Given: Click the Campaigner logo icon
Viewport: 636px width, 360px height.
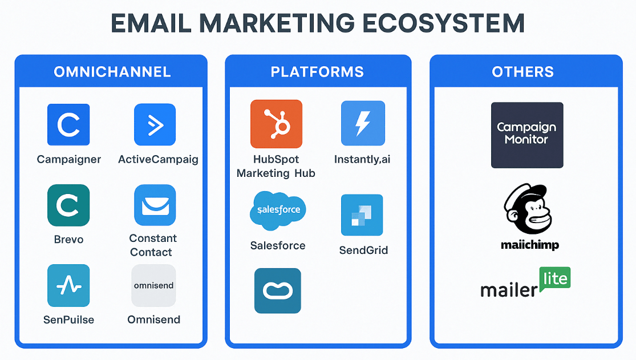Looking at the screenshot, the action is click(68, 124).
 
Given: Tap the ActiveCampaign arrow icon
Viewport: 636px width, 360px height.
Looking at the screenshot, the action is click(155, 124).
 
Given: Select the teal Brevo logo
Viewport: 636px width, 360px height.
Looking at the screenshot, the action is click(68, 205).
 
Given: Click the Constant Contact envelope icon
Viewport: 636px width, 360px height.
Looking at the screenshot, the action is click(155, 205).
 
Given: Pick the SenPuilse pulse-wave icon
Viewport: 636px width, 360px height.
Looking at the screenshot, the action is click(68, 285).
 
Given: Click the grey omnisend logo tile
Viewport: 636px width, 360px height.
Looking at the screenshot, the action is click(154, 285).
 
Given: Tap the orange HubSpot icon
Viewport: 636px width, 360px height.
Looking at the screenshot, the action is click(276, 124).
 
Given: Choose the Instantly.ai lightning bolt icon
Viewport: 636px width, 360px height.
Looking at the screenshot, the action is click(363, 123).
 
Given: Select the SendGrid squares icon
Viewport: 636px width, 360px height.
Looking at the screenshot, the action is click(362, 215).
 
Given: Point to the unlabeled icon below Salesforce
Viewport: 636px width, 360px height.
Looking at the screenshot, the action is click(278, 290).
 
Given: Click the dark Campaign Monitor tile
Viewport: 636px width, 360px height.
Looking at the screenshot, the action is click(527, 135).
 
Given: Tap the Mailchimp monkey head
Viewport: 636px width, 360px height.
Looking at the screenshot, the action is click(528, 209).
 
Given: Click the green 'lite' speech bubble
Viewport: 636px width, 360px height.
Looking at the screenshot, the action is click(555, 279).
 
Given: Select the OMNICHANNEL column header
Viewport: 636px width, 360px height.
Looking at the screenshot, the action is click(112, 72).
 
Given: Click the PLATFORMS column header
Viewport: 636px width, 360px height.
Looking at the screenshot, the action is click(317, 72).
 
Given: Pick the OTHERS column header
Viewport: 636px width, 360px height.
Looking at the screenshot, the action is click(523, 72).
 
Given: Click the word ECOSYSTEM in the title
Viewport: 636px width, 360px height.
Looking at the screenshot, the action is click(443, 23).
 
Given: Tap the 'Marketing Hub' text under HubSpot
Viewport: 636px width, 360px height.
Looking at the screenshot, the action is click(276, 173).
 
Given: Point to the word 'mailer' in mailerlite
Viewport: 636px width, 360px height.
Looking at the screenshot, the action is click(509, 290).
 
